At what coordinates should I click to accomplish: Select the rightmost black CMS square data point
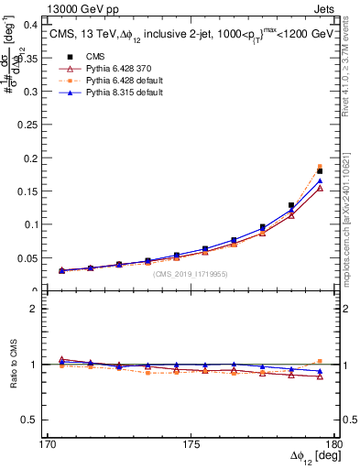click(320, 171)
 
